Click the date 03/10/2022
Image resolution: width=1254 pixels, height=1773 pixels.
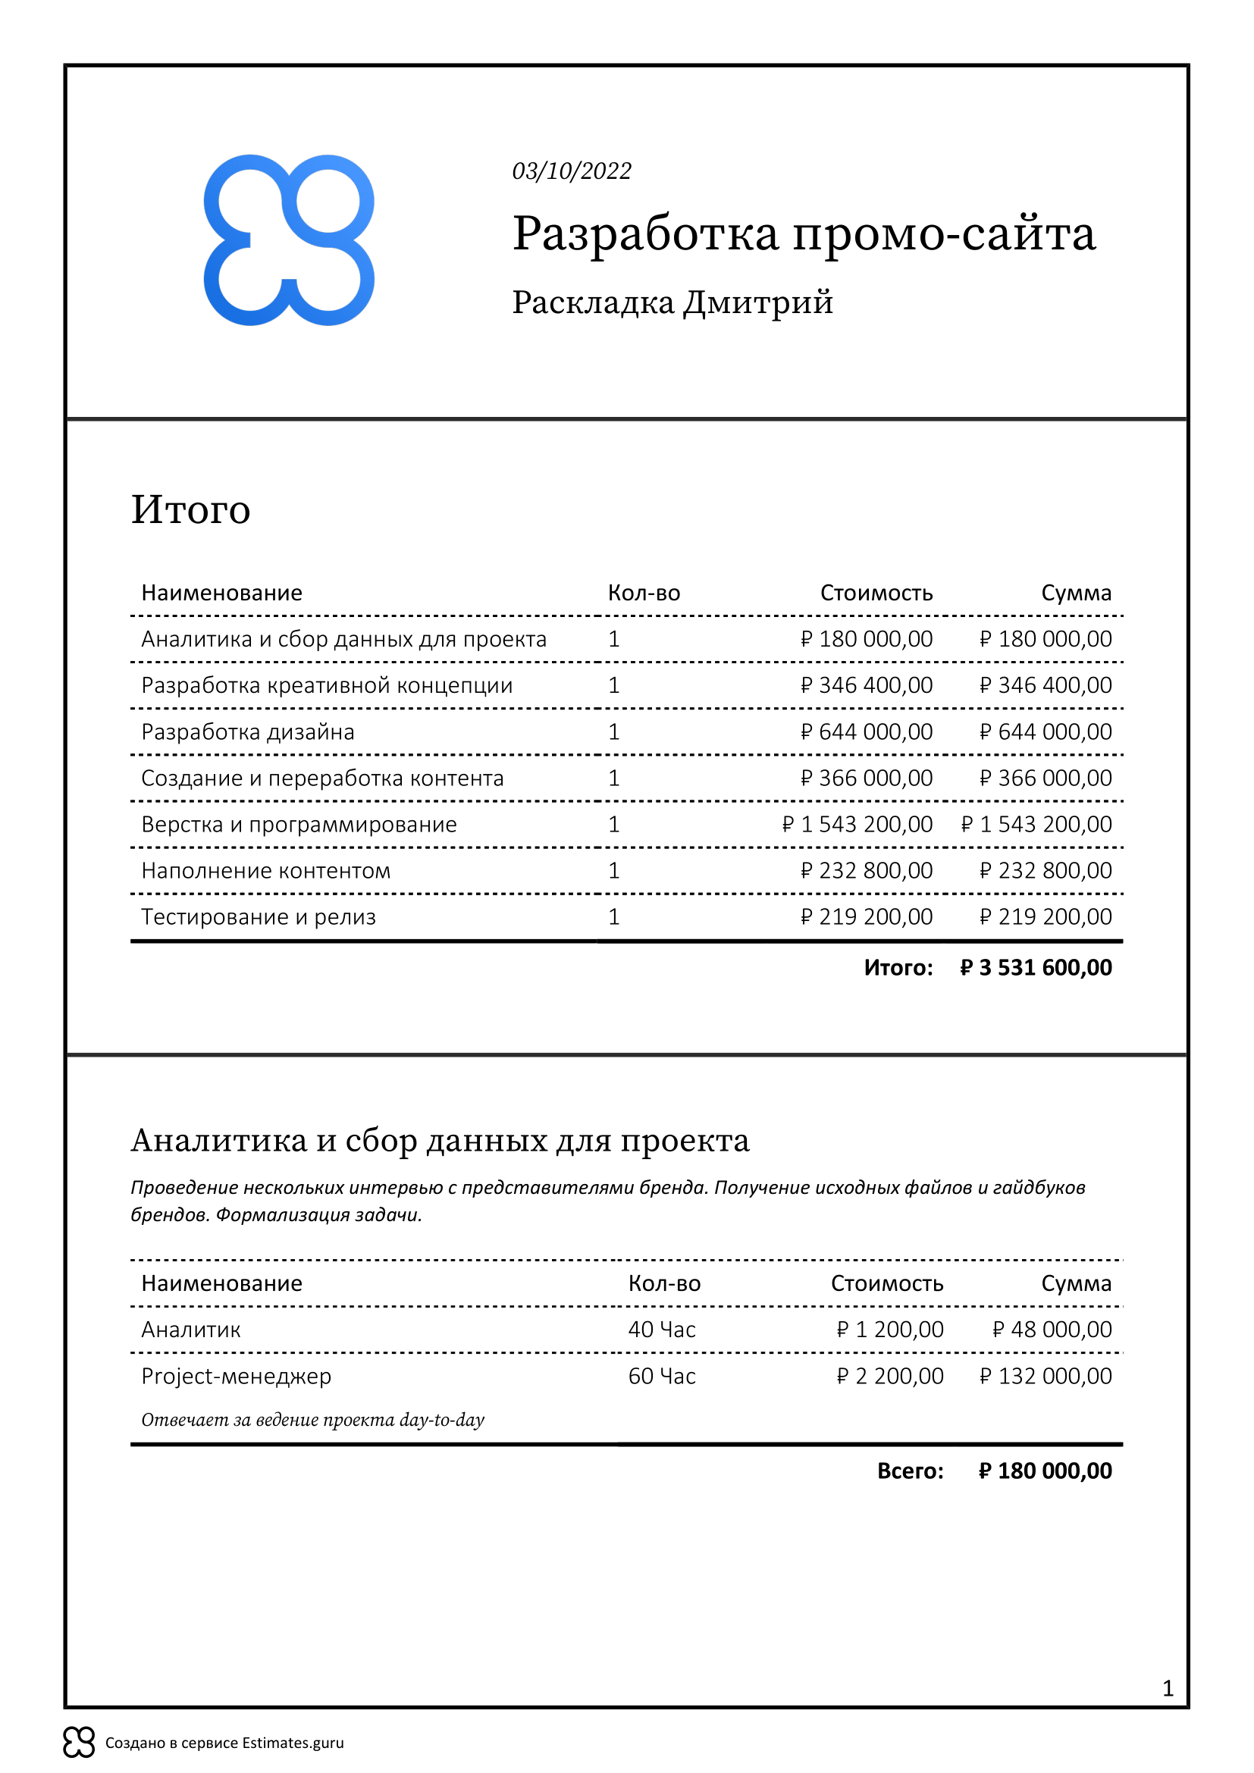click(x=572, y=171)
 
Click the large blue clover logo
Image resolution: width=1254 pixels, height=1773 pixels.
click(x=289, y=240)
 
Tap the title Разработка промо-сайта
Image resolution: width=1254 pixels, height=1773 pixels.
click(x=803, y=233)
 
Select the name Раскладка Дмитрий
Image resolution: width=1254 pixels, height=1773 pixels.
click(x=672, y=302)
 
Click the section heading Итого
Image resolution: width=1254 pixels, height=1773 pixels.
click(x=191, y=509)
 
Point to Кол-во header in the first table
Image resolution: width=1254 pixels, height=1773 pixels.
click(x=643, y=593)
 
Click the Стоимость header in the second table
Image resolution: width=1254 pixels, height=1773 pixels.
click(x=886, y=1283)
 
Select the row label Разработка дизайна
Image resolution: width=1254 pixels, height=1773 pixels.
click(x=248, y=731)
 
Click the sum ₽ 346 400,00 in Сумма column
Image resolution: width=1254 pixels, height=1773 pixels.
click(x=1046, y=685)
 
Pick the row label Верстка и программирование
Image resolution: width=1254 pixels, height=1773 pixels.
click(x=299, y=824)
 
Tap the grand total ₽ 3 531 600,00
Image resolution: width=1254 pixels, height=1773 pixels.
click(x=1036, y=967)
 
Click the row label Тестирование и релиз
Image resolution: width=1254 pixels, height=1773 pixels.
click(x=258, y=916)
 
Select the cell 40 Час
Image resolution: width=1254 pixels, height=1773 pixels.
click(x=662, y=1330)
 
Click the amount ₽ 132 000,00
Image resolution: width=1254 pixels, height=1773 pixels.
click(x=1046, y=1376)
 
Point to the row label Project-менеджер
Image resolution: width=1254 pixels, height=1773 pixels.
click(x=237, y=1376)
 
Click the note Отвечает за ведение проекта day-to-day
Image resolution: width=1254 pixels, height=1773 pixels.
click(x=312, y=1420)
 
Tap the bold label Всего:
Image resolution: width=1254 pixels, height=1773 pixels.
click(x=910, y=1471)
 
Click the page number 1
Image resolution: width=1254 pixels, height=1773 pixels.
click(x=1168, y=1689)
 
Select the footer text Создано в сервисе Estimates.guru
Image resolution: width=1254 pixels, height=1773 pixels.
click(x=224, y=1743)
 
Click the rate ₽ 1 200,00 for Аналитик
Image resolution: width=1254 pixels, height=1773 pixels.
click(x=889, y=1330)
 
